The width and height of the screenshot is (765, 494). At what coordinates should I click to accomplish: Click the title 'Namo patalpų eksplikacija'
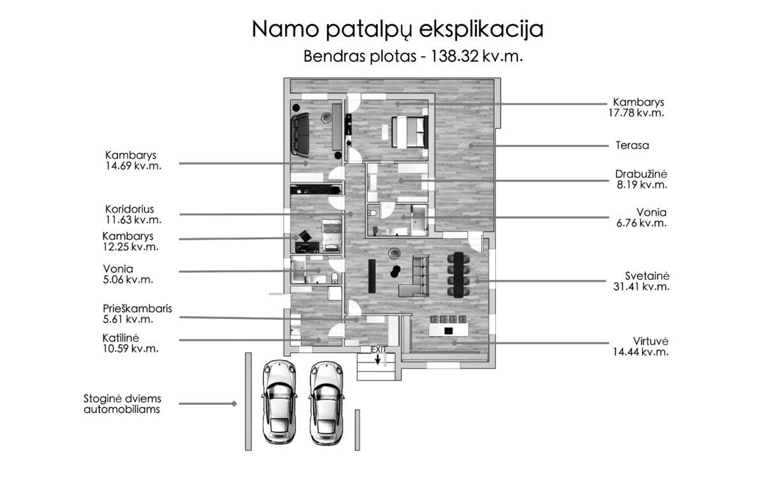[398, 31]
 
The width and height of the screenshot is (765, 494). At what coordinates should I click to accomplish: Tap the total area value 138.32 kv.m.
[477, 56]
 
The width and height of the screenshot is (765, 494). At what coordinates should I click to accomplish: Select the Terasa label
[632, 145]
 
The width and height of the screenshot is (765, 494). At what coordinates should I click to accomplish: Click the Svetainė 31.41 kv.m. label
[641, 281]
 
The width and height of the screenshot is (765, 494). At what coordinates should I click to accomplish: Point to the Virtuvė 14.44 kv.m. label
[641, 346]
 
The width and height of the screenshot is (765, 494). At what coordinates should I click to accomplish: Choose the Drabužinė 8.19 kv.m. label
[641, 179]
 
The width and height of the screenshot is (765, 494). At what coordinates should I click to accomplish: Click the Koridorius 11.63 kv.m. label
[133, 214]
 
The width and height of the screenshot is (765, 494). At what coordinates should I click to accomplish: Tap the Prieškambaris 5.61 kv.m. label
[137, 314]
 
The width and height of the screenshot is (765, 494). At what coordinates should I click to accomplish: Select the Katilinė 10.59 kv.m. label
[131, 343]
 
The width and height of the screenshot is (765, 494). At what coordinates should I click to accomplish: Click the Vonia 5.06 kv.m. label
[128, 274]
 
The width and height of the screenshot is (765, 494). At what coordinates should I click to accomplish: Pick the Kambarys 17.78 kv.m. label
[636, 107]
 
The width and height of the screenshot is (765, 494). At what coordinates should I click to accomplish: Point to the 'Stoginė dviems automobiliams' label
[122, 404]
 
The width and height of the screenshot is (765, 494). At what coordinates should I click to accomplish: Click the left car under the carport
[279, 402]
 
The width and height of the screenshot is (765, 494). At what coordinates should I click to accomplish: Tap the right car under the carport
[326, 403]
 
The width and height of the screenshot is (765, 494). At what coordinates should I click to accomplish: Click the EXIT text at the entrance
[378, 349]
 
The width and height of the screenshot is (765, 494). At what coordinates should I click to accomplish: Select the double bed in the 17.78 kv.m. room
[410, 132]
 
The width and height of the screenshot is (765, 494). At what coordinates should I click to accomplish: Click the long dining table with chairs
[458, 275]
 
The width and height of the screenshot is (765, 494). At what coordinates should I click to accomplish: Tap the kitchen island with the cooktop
[448, 330]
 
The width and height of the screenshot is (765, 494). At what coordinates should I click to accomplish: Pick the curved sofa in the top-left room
[300, 135]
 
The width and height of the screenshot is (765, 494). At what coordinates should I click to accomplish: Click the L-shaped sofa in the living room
[414, 277]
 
